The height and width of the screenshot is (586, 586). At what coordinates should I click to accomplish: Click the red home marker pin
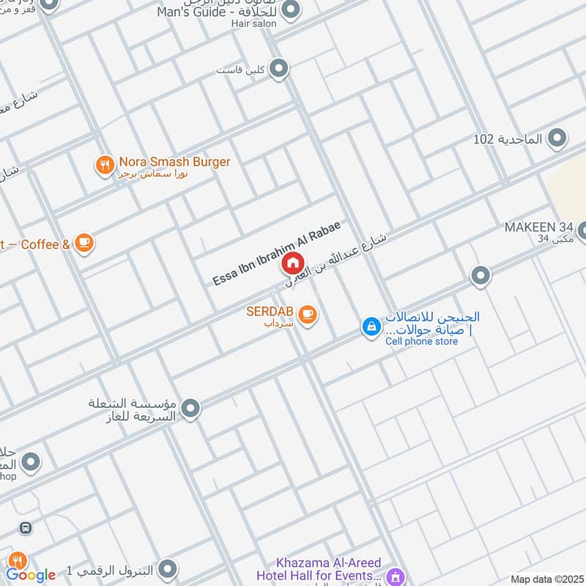[292, 262]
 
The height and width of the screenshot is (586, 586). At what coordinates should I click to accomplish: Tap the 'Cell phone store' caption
[422, 341]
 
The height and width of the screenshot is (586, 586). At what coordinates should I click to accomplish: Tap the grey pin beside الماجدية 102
[558, 138]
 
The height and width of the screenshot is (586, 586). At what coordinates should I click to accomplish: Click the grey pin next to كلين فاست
[278, 70]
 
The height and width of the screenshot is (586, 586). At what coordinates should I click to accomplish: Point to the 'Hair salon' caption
[255, 23]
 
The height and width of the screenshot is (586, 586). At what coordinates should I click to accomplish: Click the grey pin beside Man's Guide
[292, 10]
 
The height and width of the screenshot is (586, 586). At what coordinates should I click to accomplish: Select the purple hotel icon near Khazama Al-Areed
[395, 576]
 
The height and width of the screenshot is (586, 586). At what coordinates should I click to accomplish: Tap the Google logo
[31, 575]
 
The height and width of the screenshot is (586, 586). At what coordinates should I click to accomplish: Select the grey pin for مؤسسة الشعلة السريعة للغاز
[190, 409]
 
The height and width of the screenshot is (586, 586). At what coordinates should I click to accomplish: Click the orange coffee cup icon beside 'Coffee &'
[84, 243]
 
